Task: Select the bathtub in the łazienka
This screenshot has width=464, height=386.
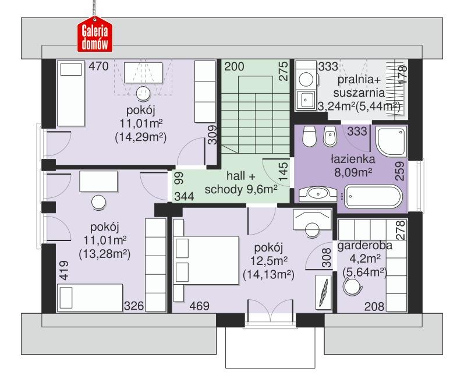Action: pyautogui.click(x=373, y=196)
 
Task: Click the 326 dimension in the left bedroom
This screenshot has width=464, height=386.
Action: pyautogui.click(x=133, y=305)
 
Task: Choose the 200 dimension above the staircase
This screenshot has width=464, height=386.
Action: pyautogui.click(x=235, y=67)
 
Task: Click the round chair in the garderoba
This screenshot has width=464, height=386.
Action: pyautogui.click(x=353, y=285)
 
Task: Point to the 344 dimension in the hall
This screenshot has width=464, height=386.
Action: pyautogui.click(x=185, y=196)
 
